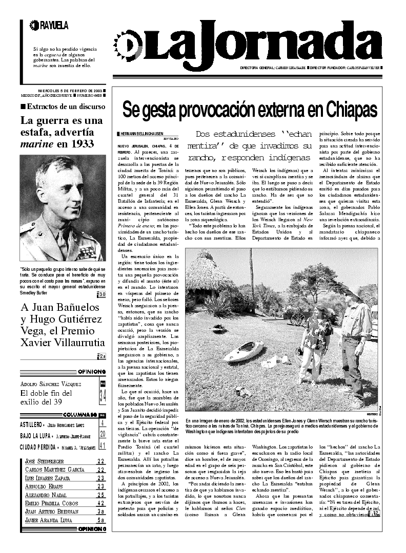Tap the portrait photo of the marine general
pyautogui.click(x=63, y=207)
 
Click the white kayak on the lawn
pyautogui.click(x=243, y=352)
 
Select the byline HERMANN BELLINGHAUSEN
pyautogui.click(x=143, y=133)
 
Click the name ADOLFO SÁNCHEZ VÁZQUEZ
pyautogui.click(x=51, y=384)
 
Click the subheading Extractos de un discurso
pyautogui.click(x=66, y=107)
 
